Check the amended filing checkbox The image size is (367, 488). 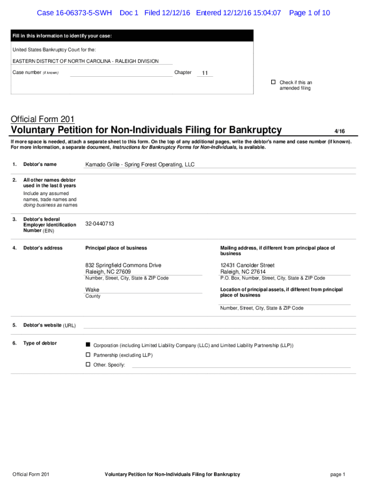(x=274, y=82)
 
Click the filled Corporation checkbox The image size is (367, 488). (x=88, y=345)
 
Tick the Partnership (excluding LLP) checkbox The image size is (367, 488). (x=88, y=355)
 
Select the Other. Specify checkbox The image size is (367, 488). (x=88, y=365)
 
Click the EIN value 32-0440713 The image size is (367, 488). (x=100, y=224)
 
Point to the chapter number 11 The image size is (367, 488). (x=205, y=73)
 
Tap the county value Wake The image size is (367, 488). (x=92, y=289)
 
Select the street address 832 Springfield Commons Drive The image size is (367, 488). (x=123, y=265)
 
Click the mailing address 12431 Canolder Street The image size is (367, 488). (x=247, y=265)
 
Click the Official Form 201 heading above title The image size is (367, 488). (x=42, y=119)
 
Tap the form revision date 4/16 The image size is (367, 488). (x=339, y=131)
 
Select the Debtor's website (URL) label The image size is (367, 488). (x=49, y=325)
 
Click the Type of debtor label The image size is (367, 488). (x=40, y=343)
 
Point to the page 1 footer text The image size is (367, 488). (x=337, y=474)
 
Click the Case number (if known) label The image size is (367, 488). (x=35, y=72)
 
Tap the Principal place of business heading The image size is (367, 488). (x=116, y=248)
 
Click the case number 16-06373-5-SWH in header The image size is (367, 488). (x=74, y=13)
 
